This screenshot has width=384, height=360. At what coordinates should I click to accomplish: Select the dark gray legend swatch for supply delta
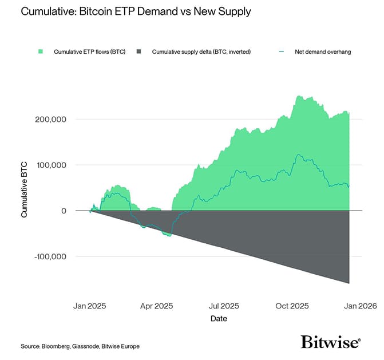(140, 52)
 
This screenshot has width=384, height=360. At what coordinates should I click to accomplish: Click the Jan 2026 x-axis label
(359, 306)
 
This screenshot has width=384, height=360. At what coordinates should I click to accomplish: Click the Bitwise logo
(331, 342)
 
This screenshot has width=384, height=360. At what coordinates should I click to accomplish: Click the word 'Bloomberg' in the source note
(56, 346)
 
